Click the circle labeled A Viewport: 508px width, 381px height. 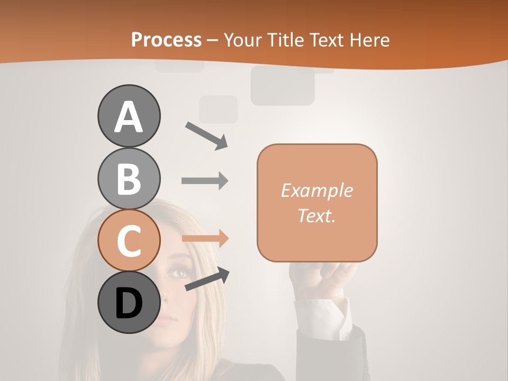(x=129, y=116)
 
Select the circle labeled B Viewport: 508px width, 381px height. (x=129, y=178)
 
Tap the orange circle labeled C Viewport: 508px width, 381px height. (x=129, y=241)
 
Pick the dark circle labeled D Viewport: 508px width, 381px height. (x=129, y=303)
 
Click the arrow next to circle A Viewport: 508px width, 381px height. (x=206, y=135)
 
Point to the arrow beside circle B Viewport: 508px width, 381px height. (x=205, y=181)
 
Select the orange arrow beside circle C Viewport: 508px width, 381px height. (x=205, y=238)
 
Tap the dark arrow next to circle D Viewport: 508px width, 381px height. (x=207, y=279)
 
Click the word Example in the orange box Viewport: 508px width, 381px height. (x=316, y=190)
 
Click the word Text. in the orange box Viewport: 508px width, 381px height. (x=316, y=215)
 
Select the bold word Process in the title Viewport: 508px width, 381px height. (x=166, y=40)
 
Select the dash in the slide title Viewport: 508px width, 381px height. (x=212, y=40)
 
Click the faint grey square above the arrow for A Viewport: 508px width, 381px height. (x=219, y=110)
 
